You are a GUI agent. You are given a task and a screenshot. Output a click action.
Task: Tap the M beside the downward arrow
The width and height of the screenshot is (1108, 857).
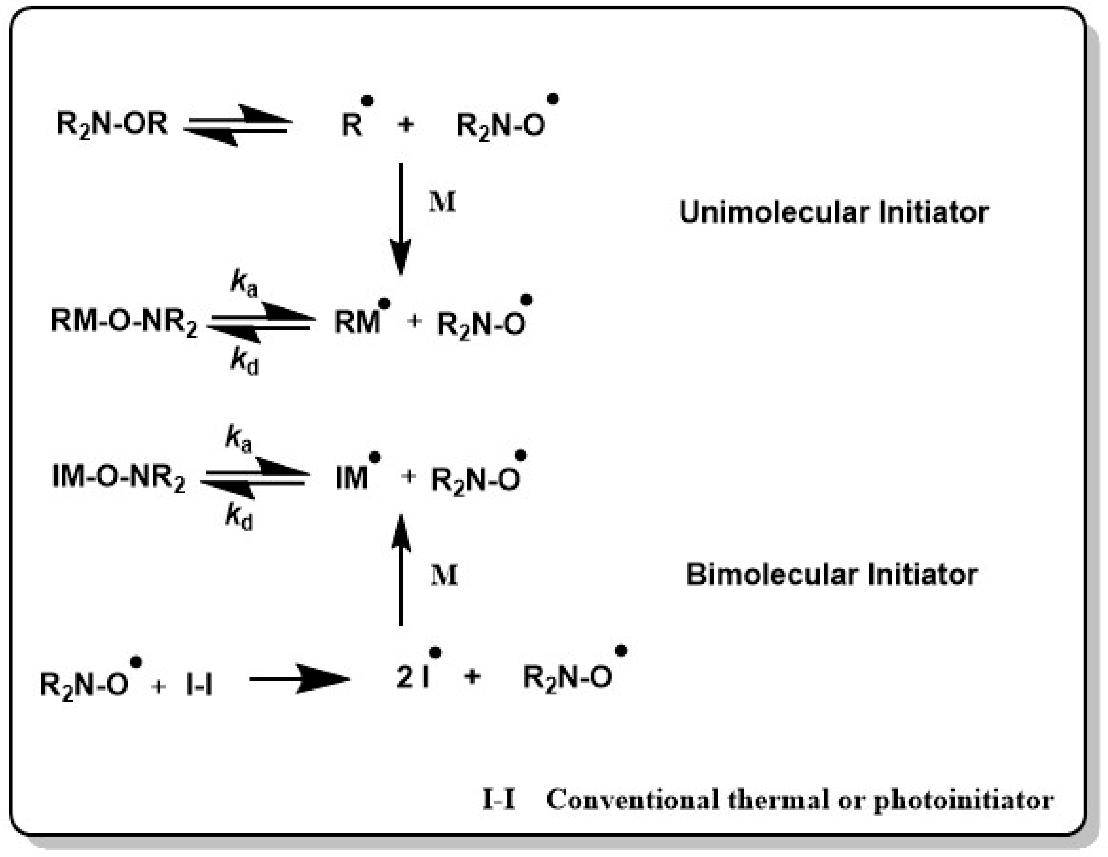coord(442,202)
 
